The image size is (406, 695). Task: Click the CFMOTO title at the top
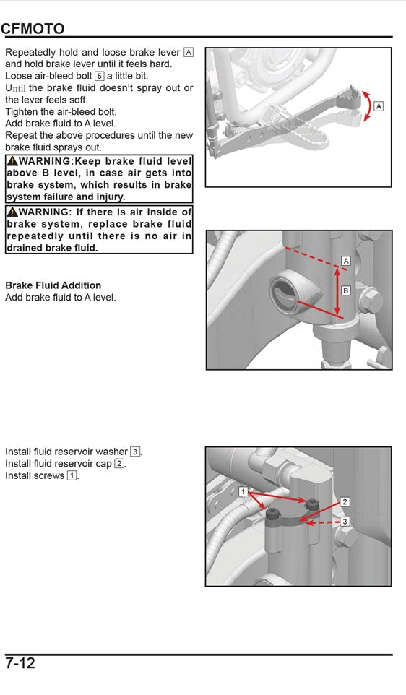click(x=33, y=28)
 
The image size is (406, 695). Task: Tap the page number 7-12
click(x=20, y=663)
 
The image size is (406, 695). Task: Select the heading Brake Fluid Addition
click(x=53, y=285)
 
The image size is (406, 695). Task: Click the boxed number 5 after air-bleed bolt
click(x=99, y=75)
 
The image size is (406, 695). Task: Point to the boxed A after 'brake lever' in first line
click(x=189, y=52)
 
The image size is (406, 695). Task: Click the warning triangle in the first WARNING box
click(x=12, y=161)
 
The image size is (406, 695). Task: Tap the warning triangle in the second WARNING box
click(x=12, y=212)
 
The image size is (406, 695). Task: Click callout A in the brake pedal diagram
click(x=379, y=106)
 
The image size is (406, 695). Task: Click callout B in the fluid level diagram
click(x=345, y=290)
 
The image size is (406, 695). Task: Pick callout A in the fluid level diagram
click(x=345, y=260)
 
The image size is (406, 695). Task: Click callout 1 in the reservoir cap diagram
click(x=244, y=491)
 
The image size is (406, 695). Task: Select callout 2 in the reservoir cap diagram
click(x=345, y=501)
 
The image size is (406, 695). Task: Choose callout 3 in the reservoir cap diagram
click(x=345, y=521)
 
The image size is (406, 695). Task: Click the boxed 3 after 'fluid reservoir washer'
click(x=135, y=452)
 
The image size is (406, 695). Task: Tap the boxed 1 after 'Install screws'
click(x=72, y=475)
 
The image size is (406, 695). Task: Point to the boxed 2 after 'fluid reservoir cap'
click(x=119, y=464)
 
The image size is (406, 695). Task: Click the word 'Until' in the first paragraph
click(x=15, y=88)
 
